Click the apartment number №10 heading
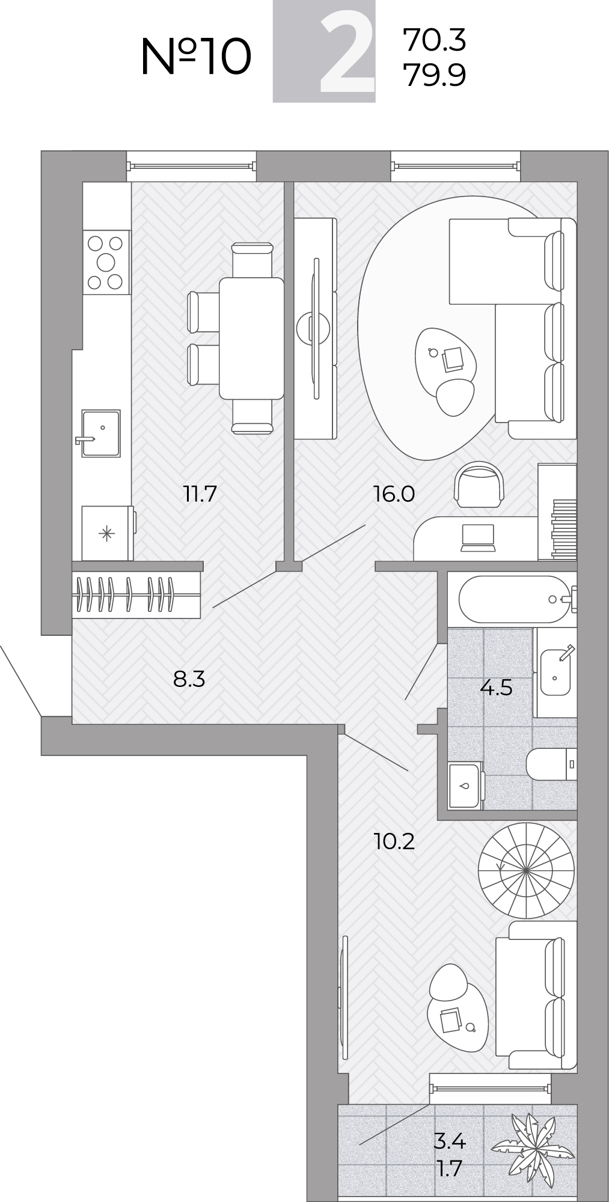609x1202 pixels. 196,56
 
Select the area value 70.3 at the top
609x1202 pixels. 435,40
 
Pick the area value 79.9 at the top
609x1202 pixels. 435,75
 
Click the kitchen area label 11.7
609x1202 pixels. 200,494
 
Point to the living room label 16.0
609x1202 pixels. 394,494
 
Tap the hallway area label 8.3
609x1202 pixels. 189,679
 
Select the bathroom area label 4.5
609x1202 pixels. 496,686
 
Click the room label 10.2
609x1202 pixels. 394,841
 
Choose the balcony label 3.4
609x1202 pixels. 450,1141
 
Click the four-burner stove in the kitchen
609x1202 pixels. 106,263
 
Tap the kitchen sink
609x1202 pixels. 100,433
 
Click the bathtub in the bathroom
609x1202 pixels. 514,599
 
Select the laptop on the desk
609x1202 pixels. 477,537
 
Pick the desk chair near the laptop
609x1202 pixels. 478,483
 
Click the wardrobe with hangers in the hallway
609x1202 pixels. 136,595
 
